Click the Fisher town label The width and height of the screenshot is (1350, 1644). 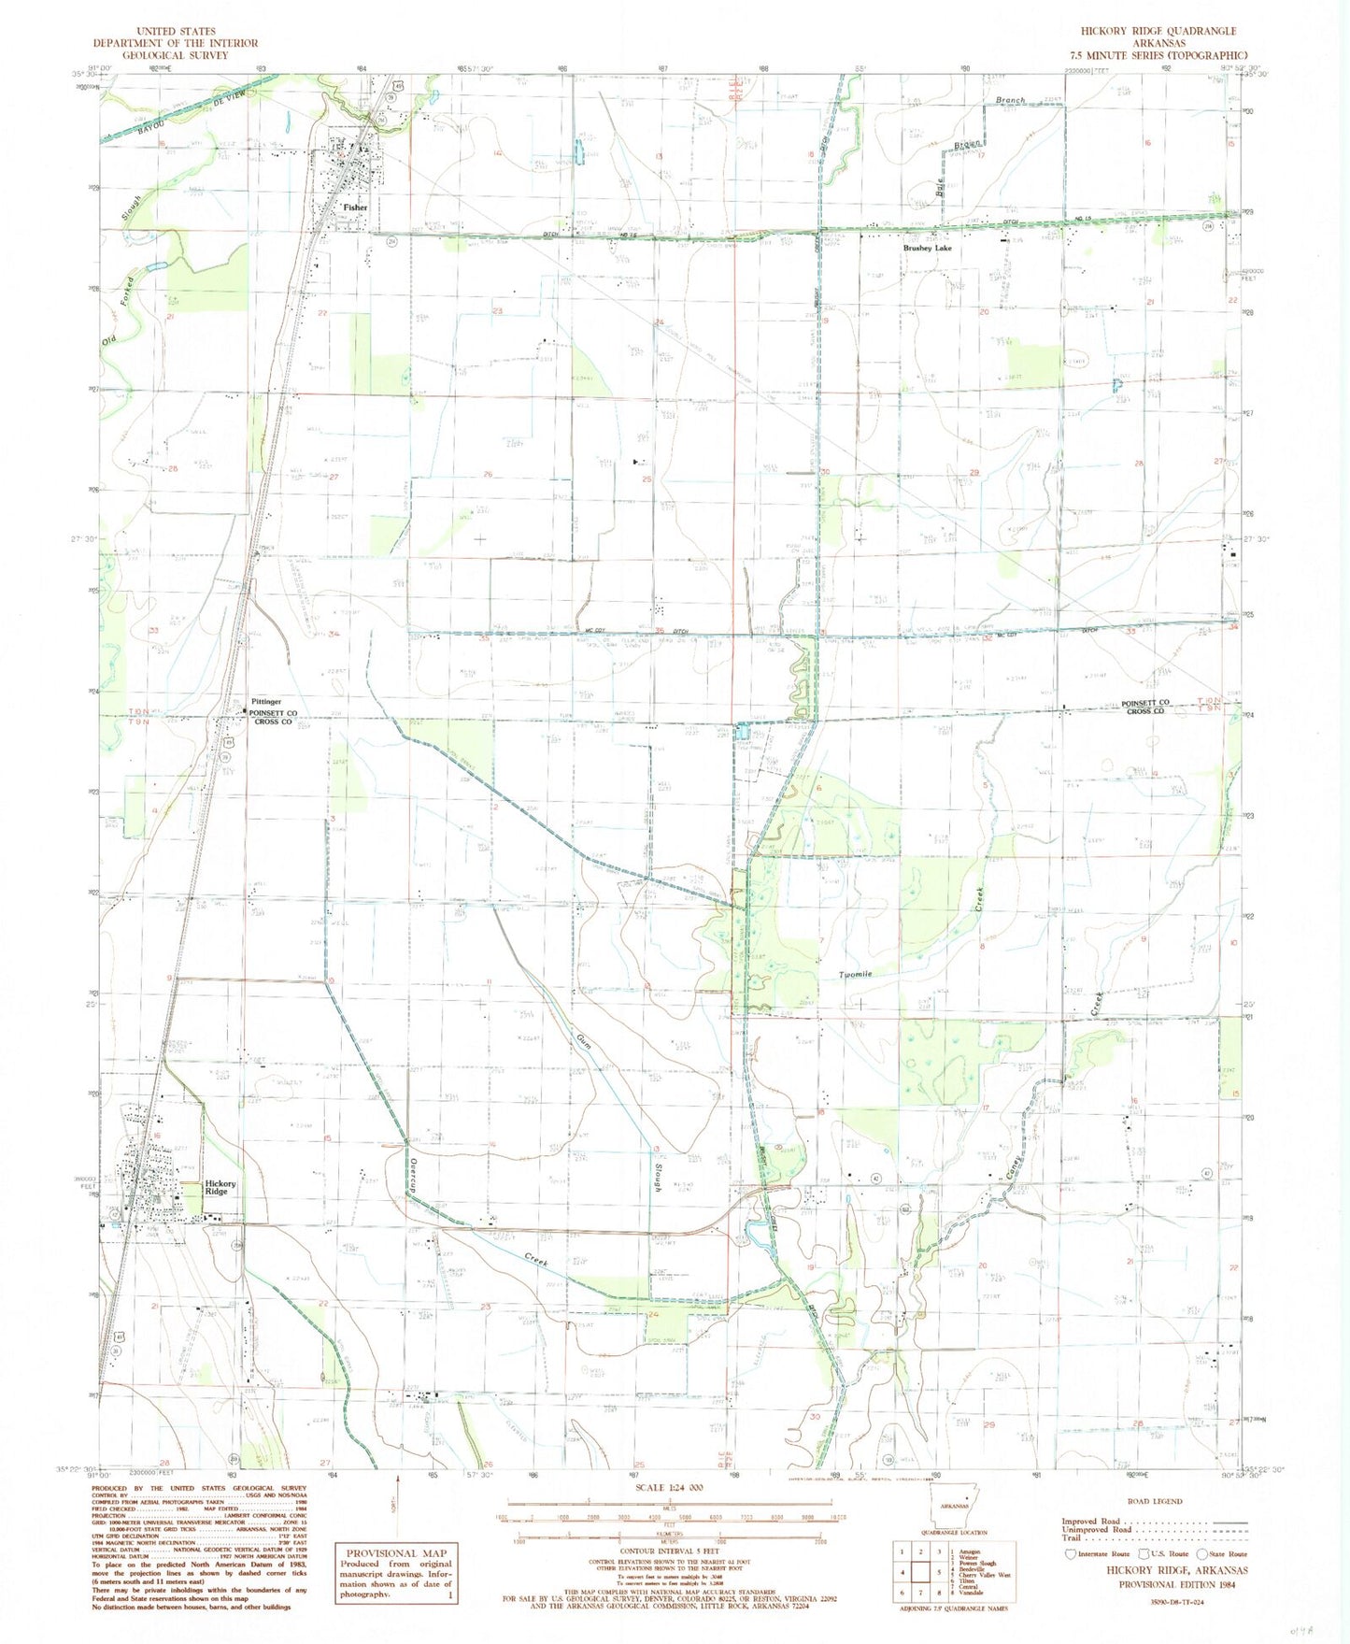(355, 207)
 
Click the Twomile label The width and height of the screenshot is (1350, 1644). (855, 974)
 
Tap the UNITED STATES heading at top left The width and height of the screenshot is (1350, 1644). (176, 31)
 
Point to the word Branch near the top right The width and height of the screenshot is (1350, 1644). (1010, 100)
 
